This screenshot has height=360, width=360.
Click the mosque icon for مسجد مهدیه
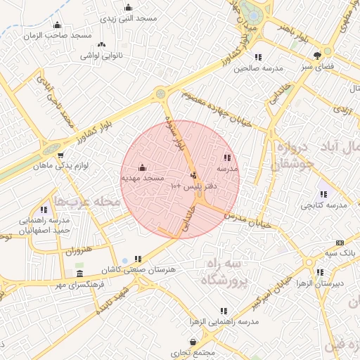tap(143, 167)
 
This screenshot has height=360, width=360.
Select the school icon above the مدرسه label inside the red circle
tap(226, 158)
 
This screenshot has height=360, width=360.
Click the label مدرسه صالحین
tap(258, 69)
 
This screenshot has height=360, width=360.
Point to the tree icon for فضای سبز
tap(319, 53)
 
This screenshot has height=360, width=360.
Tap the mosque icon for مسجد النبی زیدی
tap(128, 8)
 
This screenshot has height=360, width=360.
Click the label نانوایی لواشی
tap(102, 55)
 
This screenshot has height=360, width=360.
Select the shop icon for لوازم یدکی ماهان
tap(60, 155)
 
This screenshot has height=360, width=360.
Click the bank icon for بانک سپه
tap(340, 242)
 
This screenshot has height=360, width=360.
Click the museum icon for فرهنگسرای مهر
tap(79, 274)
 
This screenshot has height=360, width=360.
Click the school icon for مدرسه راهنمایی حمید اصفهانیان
tap(44, 210)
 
